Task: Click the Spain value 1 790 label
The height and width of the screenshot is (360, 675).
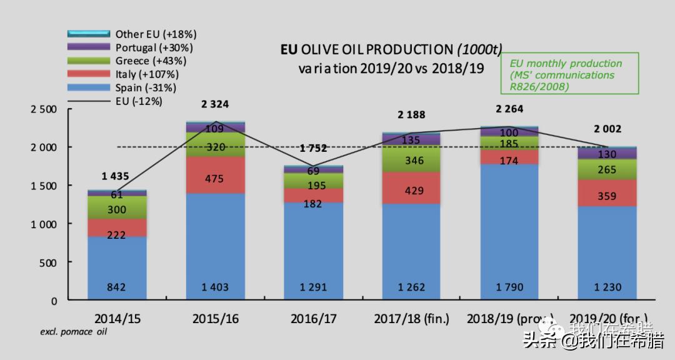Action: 509,287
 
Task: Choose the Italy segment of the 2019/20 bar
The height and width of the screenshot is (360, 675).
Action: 606,193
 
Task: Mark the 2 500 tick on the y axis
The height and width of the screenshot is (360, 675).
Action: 44,109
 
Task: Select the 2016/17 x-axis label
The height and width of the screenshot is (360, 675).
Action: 313,319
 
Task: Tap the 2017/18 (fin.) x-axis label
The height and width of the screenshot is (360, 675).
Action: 411,319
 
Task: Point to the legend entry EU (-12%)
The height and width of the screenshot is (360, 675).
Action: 139,101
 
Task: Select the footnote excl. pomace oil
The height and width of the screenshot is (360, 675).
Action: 74,332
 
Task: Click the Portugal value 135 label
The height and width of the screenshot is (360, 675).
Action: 411,140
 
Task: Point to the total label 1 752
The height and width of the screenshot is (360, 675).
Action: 313,149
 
